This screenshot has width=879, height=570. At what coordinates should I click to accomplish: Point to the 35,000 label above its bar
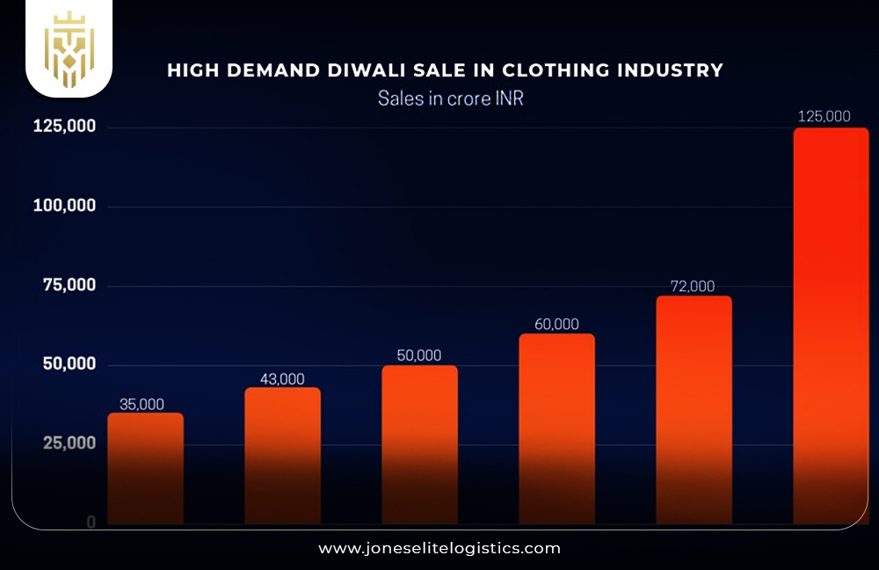pyautogui.click(x=142, y=405)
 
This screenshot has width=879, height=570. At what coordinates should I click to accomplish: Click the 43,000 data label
pyautogui.click(x=282, y=379)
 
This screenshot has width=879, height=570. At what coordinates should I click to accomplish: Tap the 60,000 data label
pyautogui.click(x=556, y=324)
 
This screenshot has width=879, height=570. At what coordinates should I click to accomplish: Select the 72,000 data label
pyautogui.click(x=693, y=286)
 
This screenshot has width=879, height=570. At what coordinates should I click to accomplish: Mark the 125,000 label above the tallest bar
pyautogui.click(x=824, y=116)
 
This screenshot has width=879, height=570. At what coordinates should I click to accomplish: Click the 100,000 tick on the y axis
pyautogui.click(x=64, y=206)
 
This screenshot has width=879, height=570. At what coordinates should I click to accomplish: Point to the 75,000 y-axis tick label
pyautogui.click(x=69, y=285)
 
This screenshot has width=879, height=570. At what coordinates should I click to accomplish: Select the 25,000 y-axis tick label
pyautogui.click(x=69, y=443)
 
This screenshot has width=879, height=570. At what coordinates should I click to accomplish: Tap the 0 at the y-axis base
pyautogui.click(x=91, y=522)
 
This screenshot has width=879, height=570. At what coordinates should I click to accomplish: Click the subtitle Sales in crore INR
pyautogui.click(x=451, y=98)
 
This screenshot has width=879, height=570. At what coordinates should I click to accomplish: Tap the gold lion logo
pyautogui.click(x=69, y=49)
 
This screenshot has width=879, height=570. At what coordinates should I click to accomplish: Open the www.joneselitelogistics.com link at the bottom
pyautogui.click(x=439, y=548)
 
